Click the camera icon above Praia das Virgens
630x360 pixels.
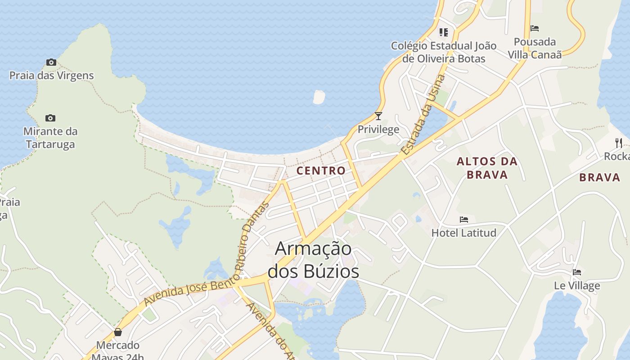pyautogui.click(x=51, y=63)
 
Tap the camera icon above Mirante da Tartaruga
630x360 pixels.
pyautogui.click(x=50, y=118)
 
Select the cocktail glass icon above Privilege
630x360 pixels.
pyautogui.click(x=378, y=116)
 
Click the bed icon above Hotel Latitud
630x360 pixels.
pyautogui.click(x=464, y=220)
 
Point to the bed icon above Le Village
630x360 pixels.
pyautogui.click(x=577, y=272)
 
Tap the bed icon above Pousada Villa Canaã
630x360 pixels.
pyautogui.click(x=535, y=28)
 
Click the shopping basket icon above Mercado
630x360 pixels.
pyautogui.click(x=118, y=333)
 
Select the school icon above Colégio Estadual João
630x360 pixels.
pyautogui.click(x=444, y=32)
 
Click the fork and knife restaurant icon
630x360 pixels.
pyautogui.click(x=619, y=143)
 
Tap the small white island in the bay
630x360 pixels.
pyautogui.click(x=319, y=97)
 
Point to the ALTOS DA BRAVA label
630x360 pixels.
pyautogui.click(x=487, y=168)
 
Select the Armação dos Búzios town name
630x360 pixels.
pyautogui.click(x=314, y=260)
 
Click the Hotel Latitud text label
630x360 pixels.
pyautogui.click(x=464, y=233)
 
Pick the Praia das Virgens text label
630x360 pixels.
pyautogui.click(x=52, y=76)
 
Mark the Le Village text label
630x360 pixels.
pyautogui.click(x=577, y=286)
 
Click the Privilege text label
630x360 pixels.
pyautogui.click(x=378, y=130)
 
